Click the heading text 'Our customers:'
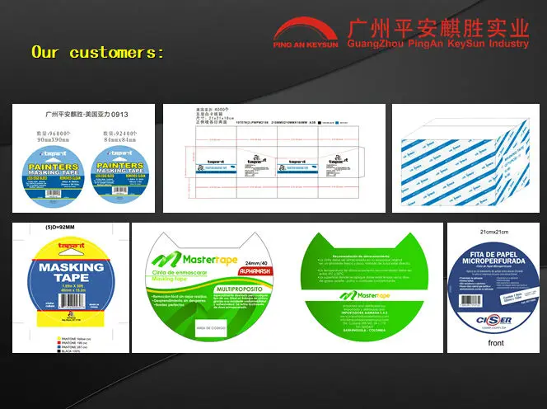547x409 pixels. click(x=97, y=53)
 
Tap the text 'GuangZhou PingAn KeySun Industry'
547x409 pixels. click(x=437, y=43)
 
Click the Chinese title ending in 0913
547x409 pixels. click(x=85, y=115)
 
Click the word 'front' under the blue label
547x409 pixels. click(x=496, y=342)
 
